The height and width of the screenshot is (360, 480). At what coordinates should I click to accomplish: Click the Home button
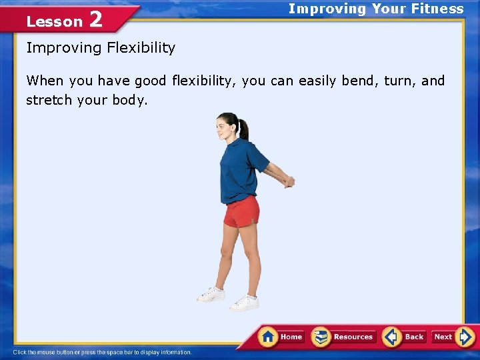(x=282, y=337)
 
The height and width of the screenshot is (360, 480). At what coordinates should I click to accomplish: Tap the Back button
(x=405, y=337)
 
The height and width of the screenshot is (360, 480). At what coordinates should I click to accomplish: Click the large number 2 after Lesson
(x=95, y=20)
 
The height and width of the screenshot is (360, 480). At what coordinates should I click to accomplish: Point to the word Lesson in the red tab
(x=54, y=21)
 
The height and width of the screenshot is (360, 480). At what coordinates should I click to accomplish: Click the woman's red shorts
(x=241, y=213)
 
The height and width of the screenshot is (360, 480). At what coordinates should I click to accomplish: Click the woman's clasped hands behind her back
(x=287, y=180)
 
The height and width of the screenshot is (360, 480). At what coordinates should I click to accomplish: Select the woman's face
(x=222, y=126)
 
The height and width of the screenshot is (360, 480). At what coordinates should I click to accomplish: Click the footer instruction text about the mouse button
(x=102, y=352)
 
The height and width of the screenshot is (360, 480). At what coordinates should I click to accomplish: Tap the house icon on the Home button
(x=269, y=336)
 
